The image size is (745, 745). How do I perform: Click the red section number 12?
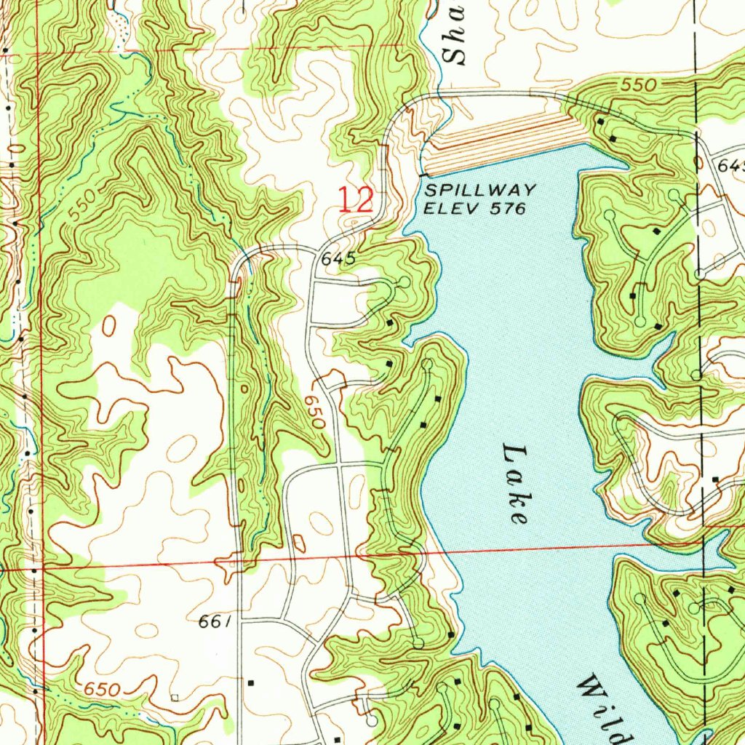click(356, 200)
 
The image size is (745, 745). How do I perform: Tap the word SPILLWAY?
click(480, 191)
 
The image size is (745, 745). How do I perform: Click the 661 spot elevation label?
click(215, 622)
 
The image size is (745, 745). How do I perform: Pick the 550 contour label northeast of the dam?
click(641, 86)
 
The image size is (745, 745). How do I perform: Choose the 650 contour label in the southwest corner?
click(101, 689)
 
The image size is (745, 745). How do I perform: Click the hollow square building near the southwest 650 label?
click(174, 697)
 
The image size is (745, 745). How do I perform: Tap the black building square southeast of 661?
click(251, 683)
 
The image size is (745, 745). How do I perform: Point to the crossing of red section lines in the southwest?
click(42, 565)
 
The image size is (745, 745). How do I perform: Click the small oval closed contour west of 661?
click(109, 326)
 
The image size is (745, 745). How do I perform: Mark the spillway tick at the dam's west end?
click(423, 175)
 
